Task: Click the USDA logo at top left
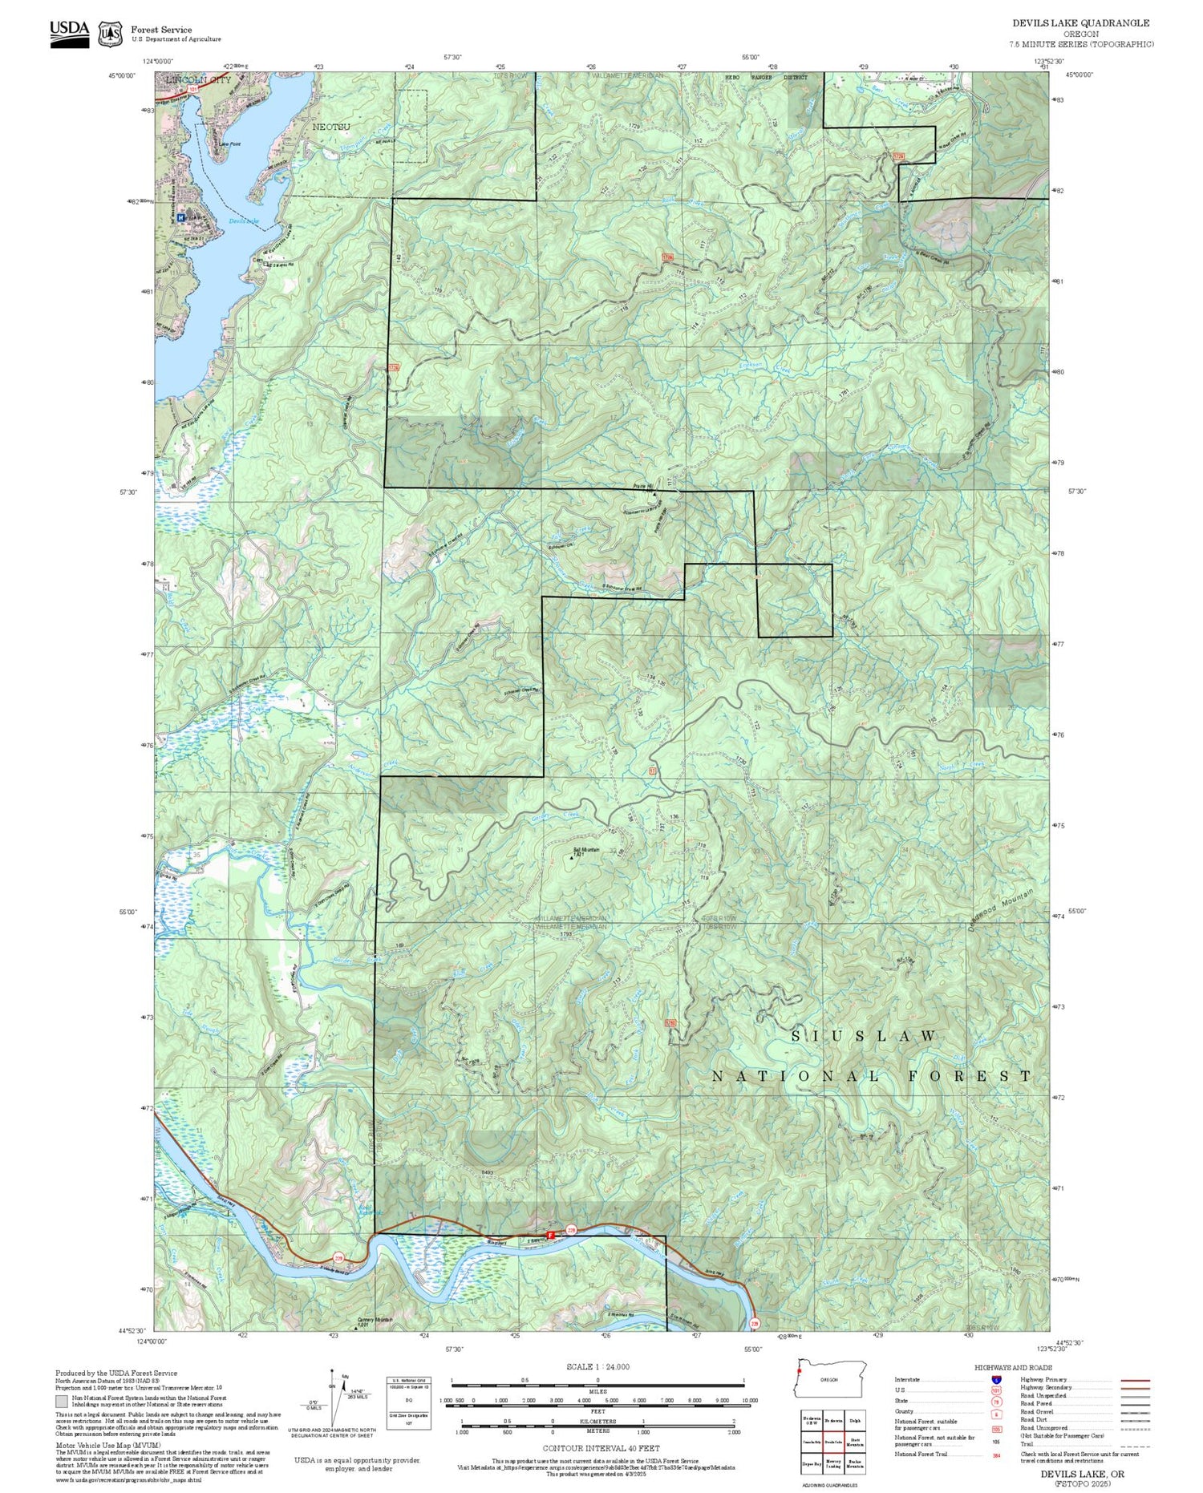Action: (x=69, y=33)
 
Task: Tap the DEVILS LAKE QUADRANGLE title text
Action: (x=1080, y=23)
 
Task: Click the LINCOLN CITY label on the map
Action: (x=197, y=81)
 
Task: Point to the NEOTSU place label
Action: (x=331, y=127)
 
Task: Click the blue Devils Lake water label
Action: (x=244, y=221)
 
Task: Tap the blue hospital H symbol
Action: (x=181, y=217)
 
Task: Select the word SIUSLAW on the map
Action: (x=865, y=1036)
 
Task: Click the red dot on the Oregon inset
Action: (x=800, y=1370)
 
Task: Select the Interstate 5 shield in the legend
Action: (x=995, y=1379)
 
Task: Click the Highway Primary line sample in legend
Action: (x=1131, y=1381)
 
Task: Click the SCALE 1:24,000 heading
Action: (x=597, y=1366)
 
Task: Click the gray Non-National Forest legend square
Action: (x=62, y=1402)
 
